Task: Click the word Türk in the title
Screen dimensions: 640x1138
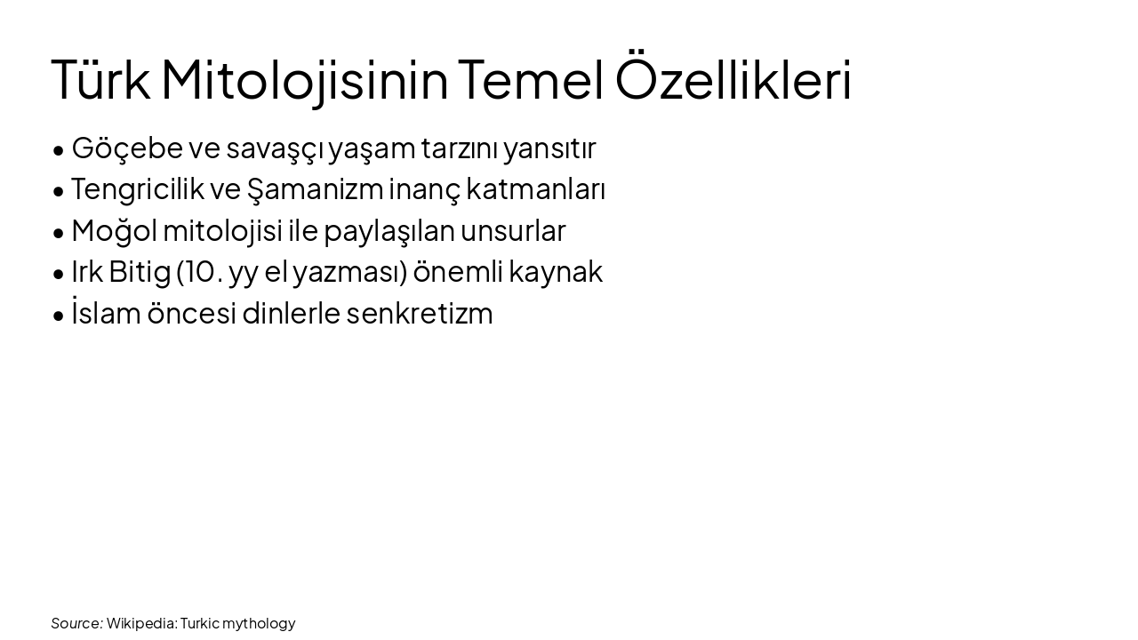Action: tap(100, 80)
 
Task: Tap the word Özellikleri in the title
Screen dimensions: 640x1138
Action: tap(733, 80)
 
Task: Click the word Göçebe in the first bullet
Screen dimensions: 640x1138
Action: tap(127, 148)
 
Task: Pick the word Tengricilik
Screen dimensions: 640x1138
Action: tap(138, 189)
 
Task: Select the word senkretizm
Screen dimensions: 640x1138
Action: tap(420, 314)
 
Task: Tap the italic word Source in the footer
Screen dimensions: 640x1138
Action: tap(76, 623)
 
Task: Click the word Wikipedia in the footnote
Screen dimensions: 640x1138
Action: tap(141, 623)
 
